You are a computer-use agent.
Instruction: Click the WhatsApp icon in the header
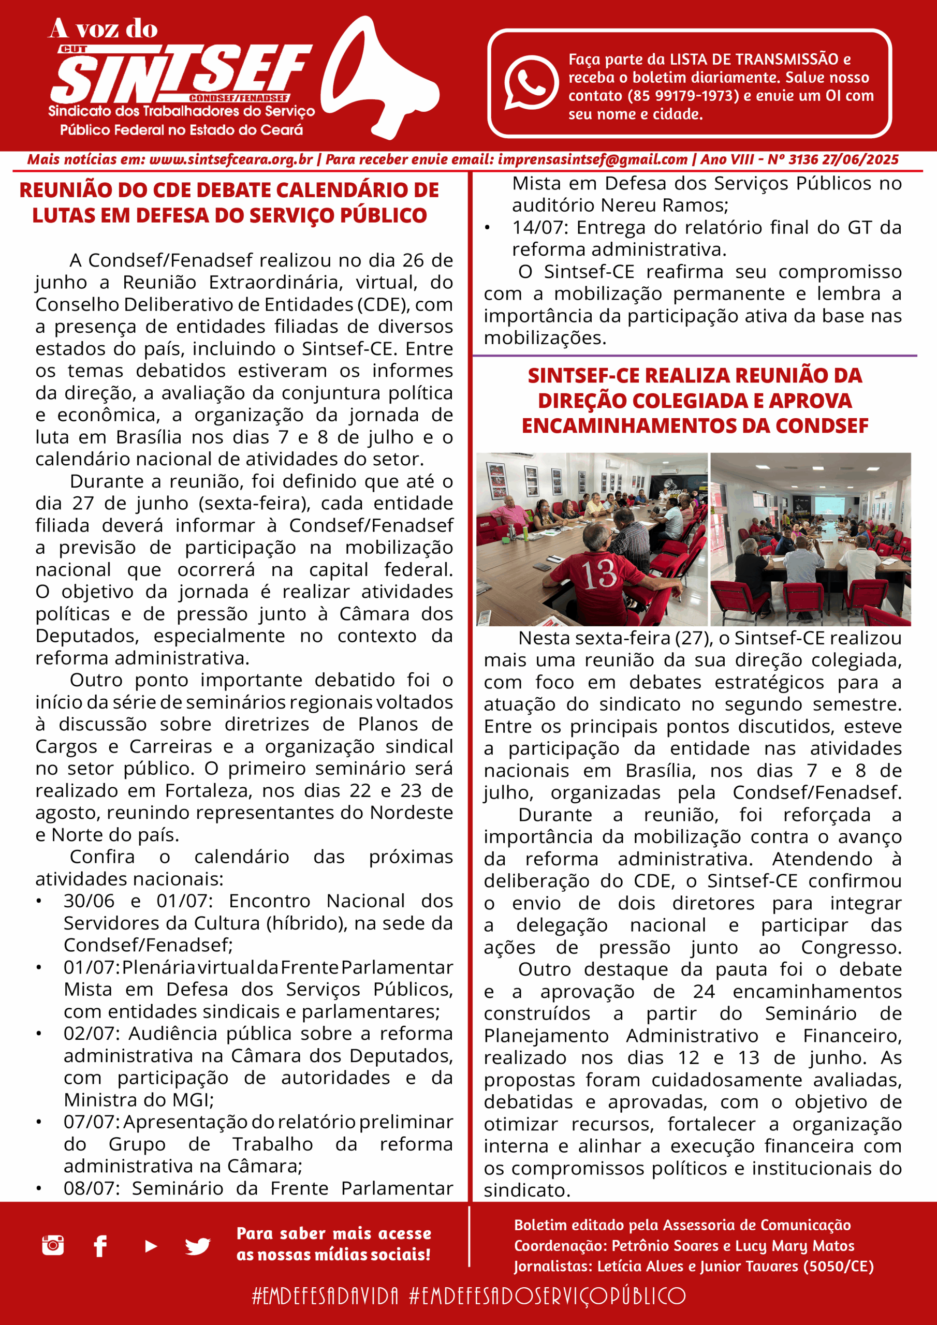click(531, 82)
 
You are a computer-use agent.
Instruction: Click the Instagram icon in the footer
click(53, 1245)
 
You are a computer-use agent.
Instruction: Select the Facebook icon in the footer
click(100, 1246)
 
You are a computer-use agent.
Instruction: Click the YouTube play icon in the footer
click(151, 1246)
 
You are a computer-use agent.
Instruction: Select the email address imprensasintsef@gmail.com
click(592, 160)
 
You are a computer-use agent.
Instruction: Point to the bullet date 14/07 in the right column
click(537, 228)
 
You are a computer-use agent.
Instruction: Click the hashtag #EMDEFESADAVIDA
click(325, 1296)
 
